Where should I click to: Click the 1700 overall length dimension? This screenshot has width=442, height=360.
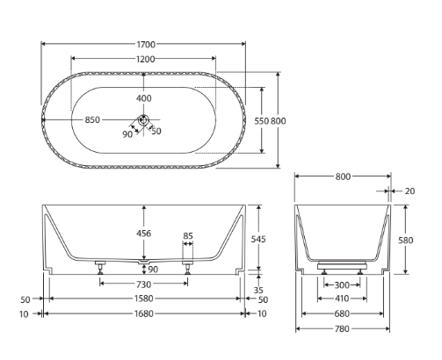point(146,45)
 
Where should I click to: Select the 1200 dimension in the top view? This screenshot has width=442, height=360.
point(146,59)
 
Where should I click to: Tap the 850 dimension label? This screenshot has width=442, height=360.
point(92,120)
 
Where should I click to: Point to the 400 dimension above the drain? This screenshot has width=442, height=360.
point(144,98)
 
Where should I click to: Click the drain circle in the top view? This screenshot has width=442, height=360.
point(143,119)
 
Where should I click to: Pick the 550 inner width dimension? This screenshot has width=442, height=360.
point(261,121)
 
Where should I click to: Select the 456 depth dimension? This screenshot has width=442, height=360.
point(144,234)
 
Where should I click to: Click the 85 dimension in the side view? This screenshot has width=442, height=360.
point(188,235)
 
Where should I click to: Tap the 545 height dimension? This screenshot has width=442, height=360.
point(258,239)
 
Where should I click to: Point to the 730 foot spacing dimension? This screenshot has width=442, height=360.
point(144,284)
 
